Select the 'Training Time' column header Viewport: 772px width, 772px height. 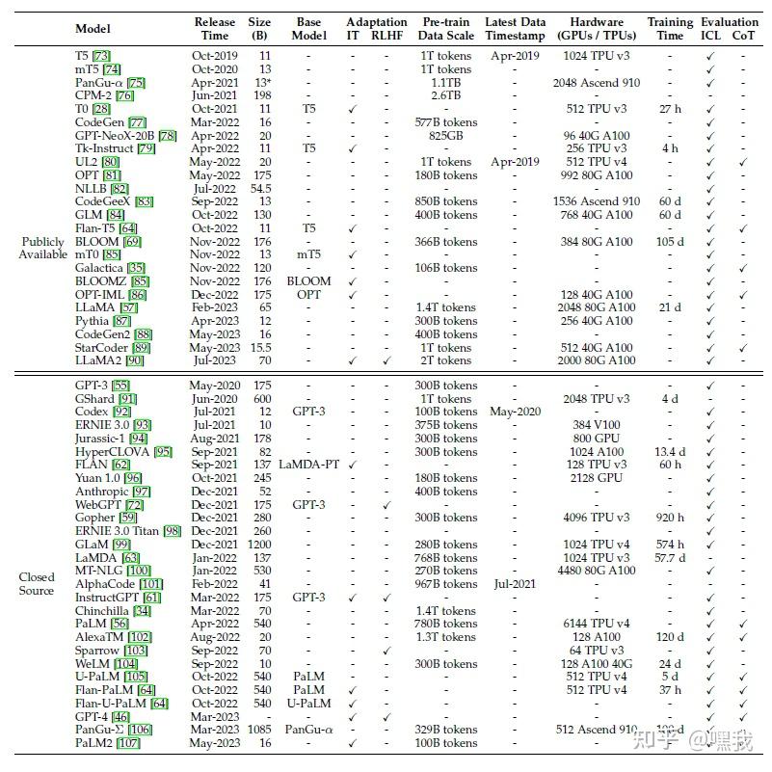[670, 29]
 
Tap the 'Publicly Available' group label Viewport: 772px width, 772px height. [41, 248]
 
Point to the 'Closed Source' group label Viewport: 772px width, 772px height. [37, 584]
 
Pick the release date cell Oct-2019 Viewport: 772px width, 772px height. [214, 56]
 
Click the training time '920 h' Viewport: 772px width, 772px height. [670, 518]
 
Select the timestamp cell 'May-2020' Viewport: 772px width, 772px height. [514, 412]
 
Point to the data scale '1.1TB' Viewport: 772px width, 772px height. [446, 83]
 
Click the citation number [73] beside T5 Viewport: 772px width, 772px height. [99, 56]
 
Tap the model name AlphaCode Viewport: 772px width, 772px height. [105, 584]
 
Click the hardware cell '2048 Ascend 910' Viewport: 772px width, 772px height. [597, 83]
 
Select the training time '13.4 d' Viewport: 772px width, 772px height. [670, 451]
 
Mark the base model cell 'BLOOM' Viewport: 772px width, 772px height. [308, 281]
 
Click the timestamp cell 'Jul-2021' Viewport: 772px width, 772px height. [514, 584]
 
